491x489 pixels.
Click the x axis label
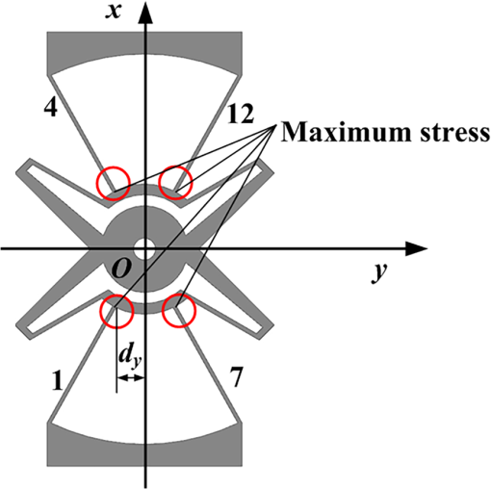[x=114, y=12]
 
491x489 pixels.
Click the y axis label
[x=379, y=272]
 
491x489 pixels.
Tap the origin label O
[x=120, y=268]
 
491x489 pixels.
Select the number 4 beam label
[x=51, y=107]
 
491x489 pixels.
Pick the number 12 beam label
[x=241, y=114]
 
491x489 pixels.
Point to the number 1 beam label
[x=57, y=380]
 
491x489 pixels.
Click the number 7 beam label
[x=236, y=377]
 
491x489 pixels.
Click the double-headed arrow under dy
[x=131, y=378]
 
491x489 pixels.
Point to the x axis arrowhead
[x=145, y=13]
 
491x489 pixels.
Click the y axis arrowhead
[x=416, y=248]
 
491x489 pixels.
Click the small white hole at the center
[x=143, y=249]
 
